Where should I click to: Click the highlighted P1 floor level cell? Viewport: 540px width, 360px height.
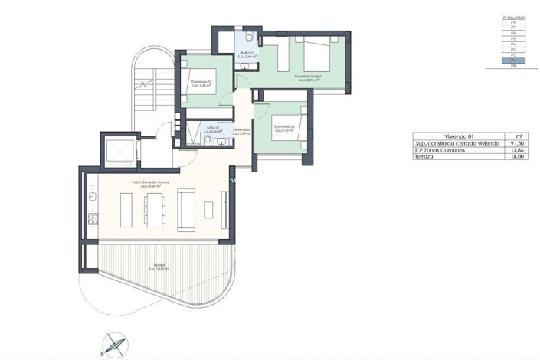point(513,61)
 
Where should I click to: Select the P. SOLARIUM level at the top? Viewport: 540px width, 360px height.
point(513,17)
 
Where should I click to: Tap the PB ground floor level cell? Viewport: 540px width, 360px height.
point(513,67)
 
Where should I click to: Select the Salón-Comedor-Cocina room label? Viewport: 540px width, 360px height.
point(150,184)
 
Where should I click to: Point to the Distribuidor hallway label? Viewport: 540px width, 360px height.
point(242,131)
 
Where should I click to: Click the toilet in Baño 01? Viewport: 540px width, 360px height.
point(252,38)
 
